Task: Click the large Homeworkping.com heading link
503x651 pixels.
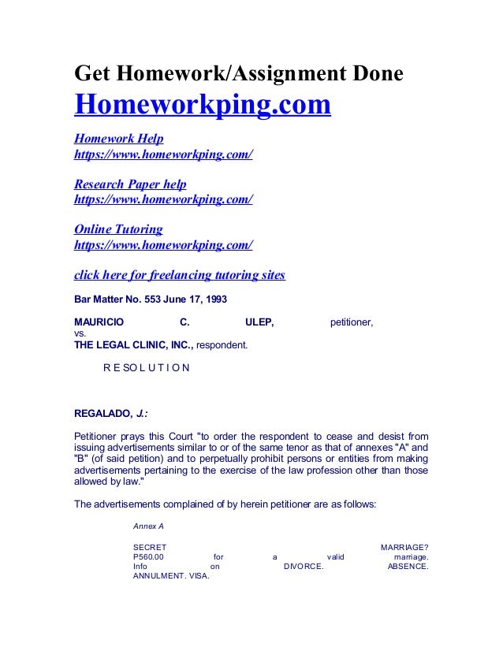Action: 202,106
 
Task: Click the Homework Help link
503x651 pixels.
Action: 118,139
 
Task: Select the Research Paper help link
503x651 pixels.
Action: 130,184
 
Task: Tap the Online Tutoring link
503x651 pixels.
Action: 118,229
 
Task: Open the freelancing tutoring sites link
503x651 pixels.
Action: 179,275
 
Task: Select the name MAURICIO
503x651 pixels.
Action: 98,322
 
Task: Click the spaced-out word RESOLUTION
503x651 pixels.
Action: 146,367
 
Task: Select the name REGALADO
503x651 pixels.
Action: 101,412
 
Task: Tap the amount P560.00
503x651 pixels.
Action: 150,556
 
